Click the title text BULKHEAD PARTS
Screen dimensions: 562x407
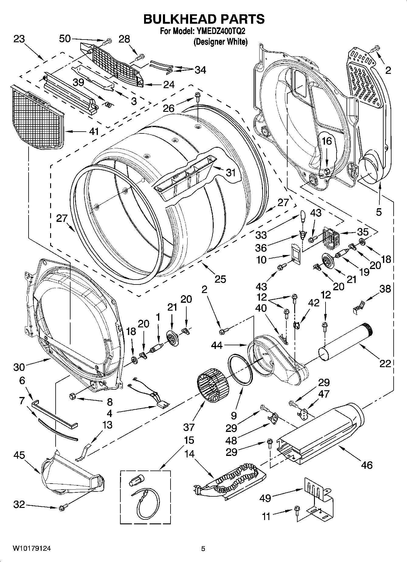click(204, 19)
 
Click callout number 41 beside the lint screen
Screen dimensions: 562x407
click(94, 132)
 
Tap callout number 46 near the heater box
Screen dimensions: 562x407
click(367, 465)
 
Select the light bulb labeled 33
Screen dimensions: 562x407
click(302, 216)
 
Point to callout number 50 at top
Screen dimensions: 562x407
click(65, 39)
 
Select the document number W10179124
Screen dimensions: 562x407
click(32, 549)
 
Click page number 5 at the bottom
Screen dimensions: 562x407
click(203, 549)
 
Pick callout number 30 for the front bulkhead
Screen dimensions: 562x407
click(19, 367)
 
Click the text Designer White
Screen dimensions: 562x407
click(221, 42)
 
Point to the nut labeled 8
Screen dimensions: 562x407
click(73, 396)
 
